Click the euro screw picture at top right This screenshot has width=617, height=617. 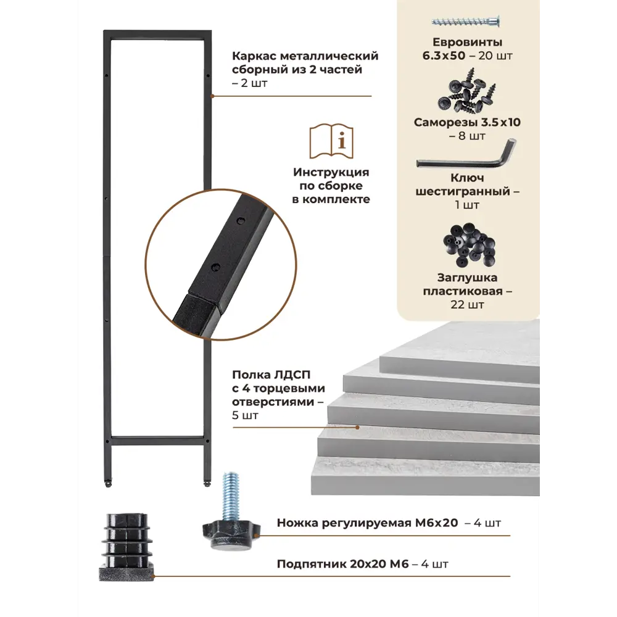click(x=465, y=21)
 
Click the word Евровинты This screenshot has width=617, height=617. click(x=468, y=42)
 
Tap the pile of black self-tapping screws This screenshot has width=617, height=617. click(x=466, y=92)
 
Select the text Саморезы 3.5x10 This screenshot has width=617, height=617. click(x=467, y=122)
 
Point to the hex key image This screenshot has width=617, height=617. click(x=467, y=156)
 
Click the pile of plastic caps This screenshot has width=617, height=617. click(x=469, y=245)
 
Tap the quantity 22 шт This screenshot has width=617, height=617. click(x=468, y=305)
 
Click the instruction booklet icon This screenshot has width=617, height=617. click(x=331, y=141)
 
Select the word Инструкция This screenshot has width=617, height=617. click(x=331, y=172)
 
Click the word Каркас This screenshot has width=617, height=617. click(x=254, y=56)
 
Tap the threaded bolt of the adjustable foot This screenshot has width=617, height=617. click(x=231, y=496)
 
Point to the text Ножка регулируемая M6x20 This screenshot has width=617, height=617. click(x=368, y=523)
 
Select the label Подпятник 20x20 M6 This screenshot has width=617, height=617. click(x=342, y=564)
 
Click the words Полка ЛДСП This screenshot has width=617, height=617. click(x=271, y=375)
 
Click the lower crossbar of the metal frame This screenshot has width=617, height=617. click(x=157, y=441)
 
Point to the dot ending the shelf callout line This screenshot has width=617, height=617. click(x=357, y=428)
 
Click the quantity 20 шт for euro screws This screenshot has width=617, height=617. click(x=495, y=56)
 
